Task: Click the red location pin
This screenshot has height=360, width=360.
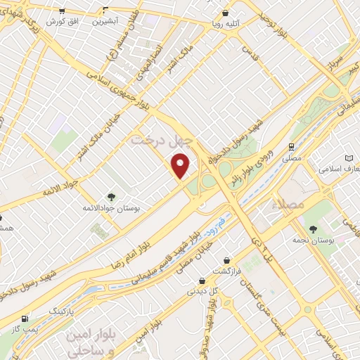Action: point(181,166)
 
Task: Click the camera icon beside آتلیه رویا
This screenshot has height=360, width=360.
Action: point(225,13)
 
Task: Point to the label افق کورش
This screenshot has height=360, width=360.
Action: point(61,22)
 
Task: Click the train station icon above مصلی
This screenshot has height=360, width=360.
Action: point(290,146)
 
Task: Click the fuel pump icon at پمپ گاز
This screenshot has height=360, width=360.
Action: point(26,319)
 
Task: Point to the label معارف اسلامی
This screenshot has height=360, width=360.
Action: point(340,169)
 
